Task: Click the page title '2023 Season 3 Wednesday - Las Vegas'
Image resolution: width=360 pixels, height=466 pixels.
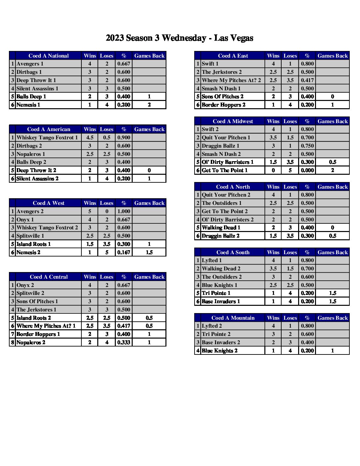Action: point(179,38)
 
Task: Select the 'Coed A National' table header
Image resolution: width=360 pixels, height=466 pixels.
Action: point(49,56)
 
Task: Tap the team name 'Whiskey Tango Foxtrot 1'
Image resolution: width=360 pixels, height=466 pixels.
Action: point(47,137)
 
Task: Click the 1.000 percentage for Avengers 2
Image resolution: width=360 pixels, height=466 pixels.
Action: point(124,211)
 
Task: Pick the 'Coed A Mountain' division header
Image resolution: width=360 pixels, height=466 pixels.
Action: point(233,318)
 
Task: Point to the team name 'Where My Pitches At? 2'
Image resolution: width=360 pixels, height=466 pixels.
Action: point(231,80)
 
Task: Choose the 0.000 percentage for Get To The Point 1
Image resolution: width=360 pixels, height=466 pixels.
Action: point(307,170)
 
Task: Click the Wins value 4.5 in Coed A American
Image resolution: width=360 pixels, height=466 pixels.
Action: point(90,137)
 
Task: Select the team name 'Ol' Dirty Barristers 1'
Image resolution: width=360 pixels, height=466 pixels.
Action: point(228,162)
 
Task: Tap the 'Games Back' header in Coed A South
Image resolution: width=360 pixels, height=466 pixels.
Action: point(333,252)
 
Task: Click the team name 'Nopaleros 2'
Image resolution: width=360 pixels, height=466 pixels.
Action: point(31,342)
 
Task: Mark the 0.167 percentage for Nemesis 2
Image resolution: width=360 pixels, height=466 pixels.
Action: point(124,252)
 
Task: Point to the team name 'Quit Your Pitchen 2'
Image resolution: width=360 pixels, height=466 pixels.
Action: point(226,195)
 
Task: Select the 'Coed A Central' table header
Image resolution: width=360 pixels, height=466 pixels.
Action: point(49,277)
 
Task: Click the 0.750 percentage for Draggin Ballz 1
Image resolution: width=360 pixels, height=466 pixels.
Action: point(307,146)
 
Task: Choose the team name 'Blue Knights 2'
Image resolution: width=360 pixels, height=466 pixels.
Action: point(220,350)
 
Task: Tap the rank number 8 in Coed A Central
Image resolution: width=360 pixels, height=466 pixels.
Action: point(13,342)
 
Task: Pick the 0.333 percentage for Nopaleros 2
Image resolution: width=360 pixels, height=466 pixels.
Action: point(124,342)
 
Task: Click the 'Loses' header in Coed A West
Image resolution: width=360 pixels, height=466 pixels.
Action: point(107,203)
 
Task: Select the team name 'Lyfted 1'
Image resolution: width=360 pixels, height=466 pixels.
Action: point(212,260)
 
